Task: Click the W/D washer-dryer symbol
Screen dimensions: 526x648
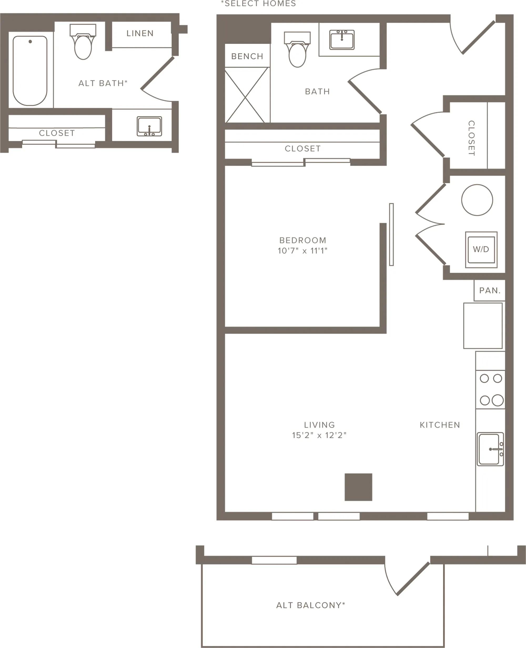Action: pos(481,250)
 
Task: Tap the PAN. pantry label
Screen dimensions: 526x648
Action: pos(490,291)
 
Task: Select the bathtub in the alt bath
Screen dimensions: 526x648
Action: pos(30,70)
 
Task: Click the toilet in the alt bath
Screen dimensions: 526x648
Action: pos(83,42)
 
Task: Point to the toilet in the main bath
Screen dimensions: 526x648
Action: pos(297,49)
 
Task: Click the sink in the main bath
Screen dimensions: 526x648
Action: pos(342,39)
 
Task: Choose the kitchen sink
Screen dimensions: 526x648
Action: pos(490,449)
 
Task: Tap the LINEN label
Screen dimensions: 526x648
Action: pos(140,33)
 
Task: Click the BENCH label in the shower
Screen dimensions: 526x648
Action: pos(247,56)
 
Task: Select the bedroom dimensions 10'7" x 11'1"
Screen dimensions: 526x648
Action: pos(303,251)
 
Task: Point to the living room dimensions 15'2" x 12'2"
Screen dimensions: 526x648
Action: pos(319,435)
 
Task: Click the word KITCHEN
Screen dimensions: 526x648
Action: pos(440,425)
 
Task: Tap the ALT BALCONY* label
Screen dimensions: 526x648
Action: pos(311,605)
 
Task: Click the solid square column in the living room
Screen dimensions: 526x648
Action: pos(358,487)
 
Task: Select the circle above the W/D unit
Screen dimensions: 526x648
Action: pos(477,200)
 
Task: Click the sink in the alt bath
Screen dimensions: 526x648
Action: pos(149,126)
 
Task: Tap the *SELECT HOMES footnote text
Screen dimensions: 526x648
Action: pos(259,4)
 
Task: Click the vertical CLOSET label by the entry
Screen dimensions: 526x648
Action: pos(472,138)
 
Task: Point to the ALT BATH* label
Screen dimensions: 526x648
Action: pos(103,83)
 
